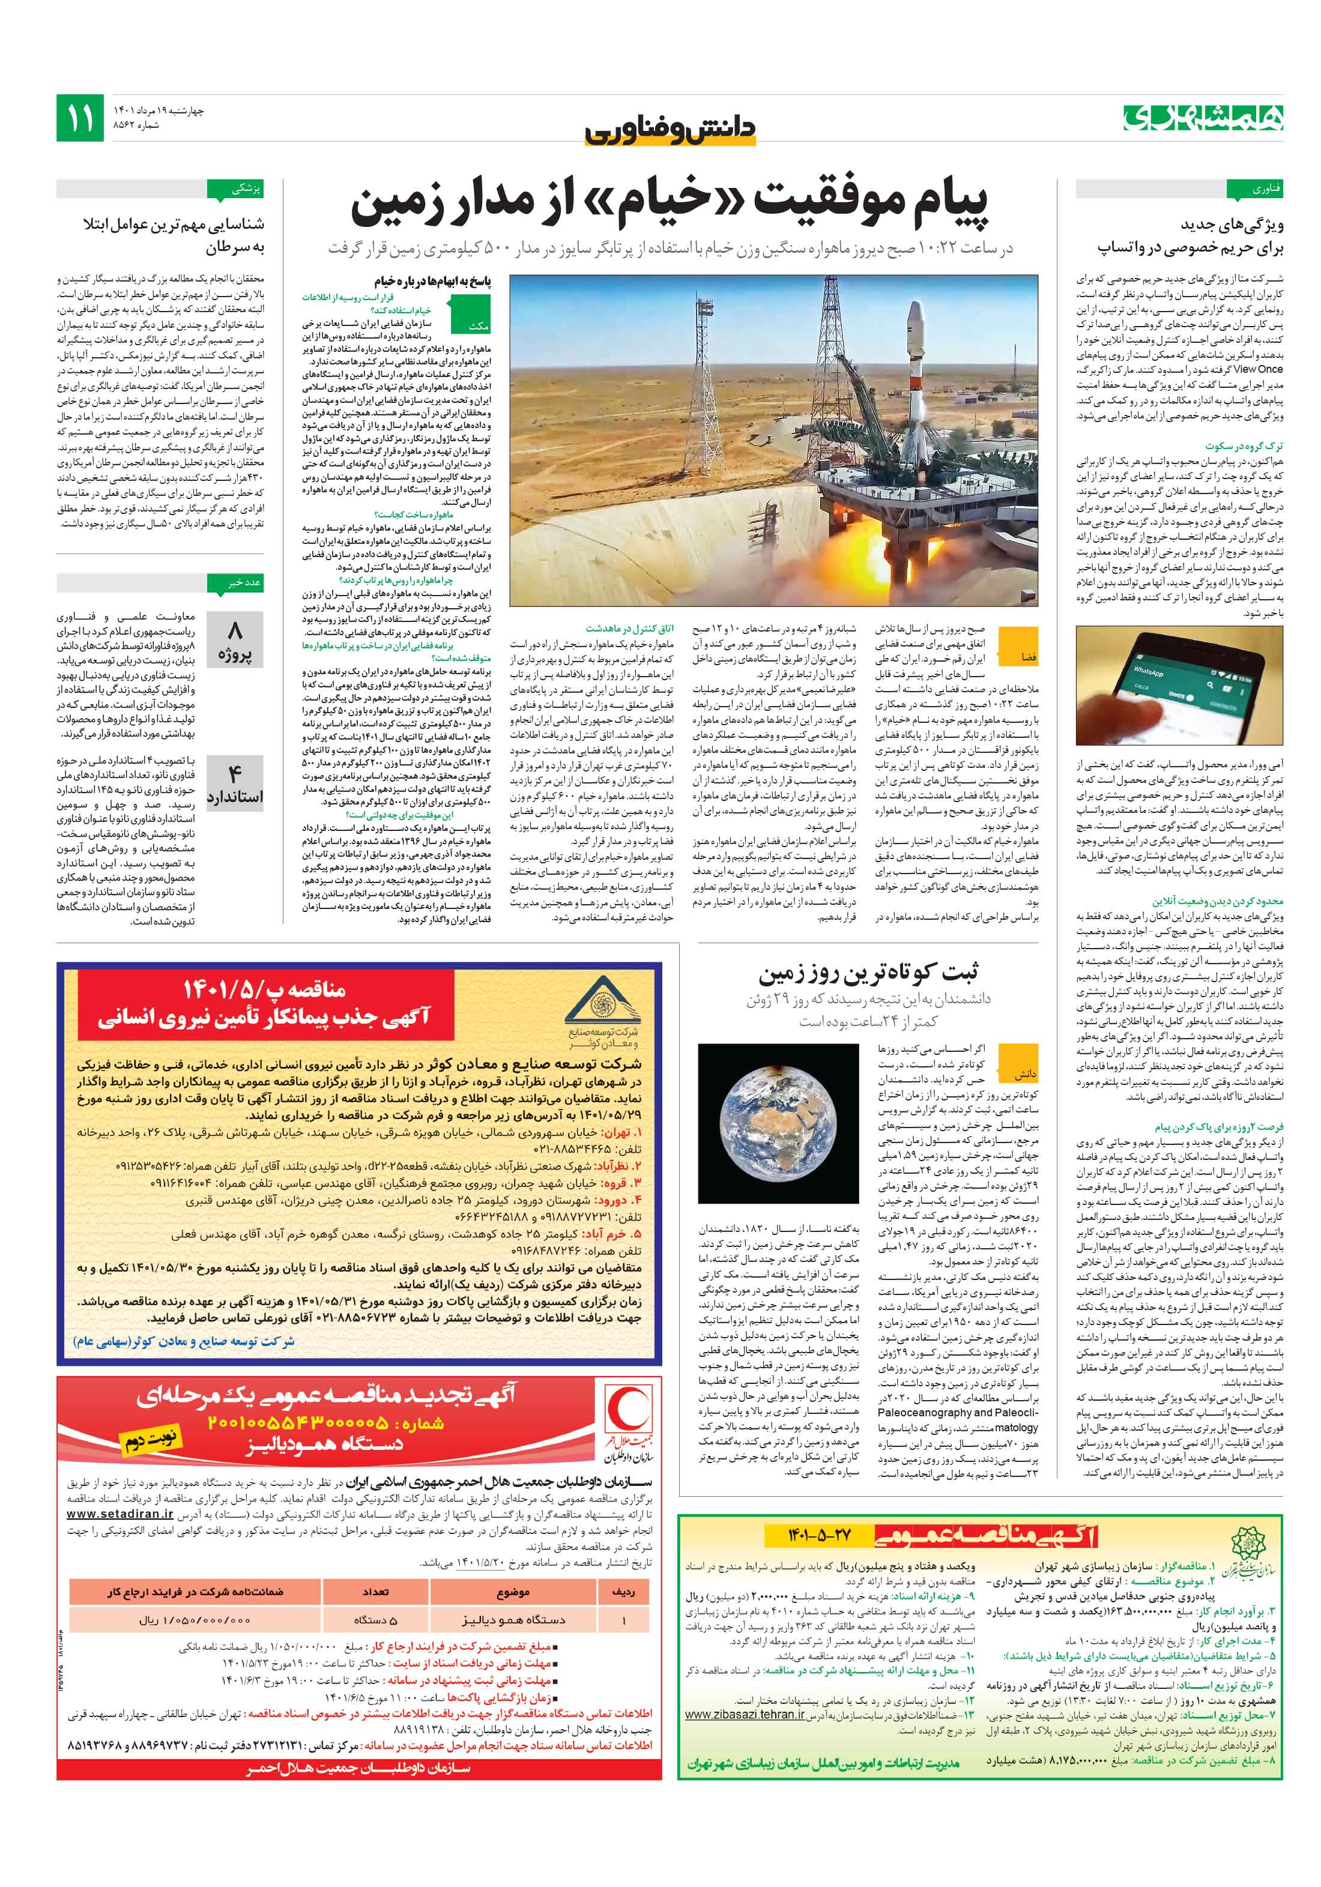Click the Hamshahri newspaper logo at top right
pos(1203,118)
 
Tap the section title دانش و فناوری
pos(670,129)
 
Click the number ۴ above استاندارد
pos(234,773)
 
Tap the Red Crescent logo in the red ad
pos(628,1414)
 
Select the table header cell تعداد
pos(376,1592)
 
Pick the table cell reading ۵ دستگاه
pos(376,1620)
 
